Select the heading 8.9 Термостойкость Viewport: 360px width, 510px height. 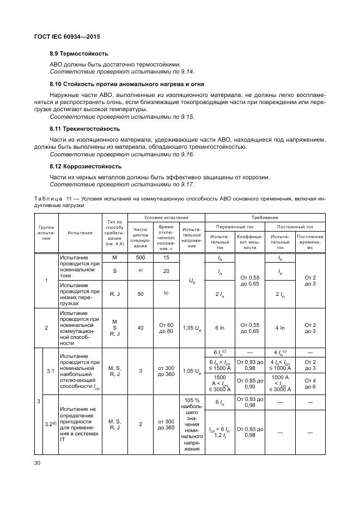coord(78,53)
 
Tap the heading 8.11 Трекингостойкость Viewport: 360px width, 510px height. coord(84,129)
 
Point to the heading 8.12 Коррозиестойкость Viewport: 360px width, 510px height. coord(86,166)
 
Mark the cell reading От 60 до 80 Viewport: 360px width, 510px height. coord(166,328)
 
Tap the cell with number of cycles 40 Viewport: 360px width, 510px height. coord(141,328)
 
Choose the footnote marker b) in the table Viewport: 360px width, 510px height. coord(166,293)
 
